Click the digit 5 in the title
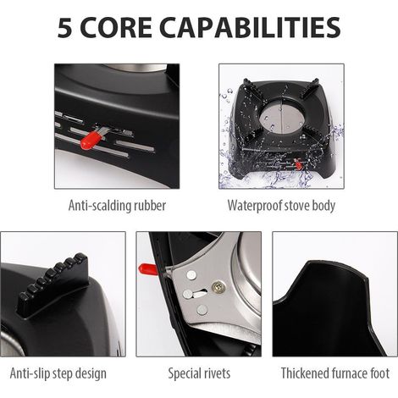(64, 28)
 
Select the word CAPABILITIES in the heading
(250, 28)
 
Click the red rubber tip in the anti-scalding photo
(89, 140)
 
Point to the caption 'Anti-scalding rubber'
(117, 206)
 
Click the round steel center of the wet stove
(281, 116)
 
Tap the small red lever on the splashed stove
(298, 164)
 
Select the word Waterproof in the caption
(255, 206)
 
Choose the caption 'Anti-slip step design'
(58, 373)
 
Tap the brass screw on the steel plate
(217, 286)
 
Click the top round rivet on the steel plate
(191, 274)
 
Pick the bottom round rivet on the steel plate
(202, 310)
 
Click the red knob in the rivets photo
(148, 269)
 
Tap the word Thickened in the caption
(305, 373)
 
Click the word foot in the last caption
(379, 373)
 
